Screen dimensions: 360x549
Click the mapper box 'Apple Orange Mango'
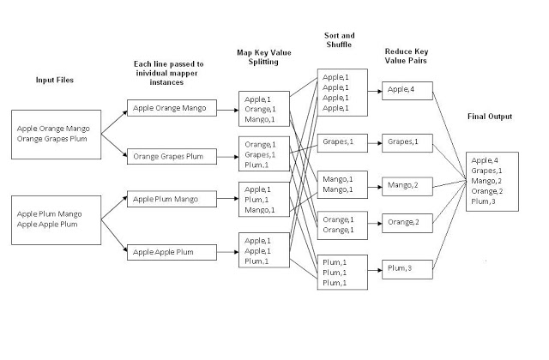pyautogui.click(x=171, y=108)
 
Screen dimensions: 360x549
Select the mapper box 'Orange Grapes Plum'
pyautogui.click(x=171, y=156)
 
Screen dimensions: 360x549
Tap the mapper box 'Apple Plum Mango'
pyautogui.click(x=171, y=199)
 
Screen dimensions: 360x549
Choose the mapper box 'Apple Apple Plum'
pyautogui.click(x=171, y=251)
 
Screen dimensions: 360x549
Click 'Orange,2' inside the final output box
pyautogui.click(x=486, y=191)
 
